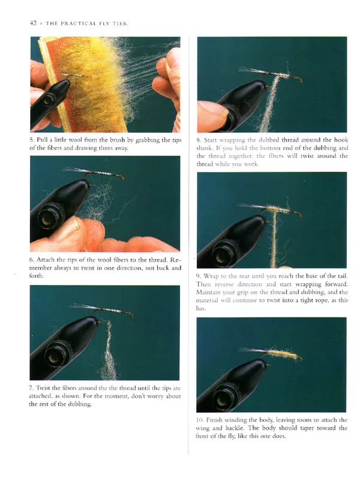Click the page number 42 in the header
(33, 23)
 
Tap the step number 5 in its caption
(31, 140)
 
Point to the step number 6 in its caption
(31, 260)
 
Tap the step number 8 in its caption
(199, 140)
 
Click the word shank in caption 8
(204, 148)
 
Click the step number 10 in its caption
(200, 420)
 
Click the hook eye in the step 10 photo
(300, 358)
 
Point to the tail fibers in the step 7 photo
(82, 307)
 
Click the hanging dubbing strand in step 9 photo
(274, 239)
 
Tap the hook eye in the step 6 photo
(122, 177)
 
